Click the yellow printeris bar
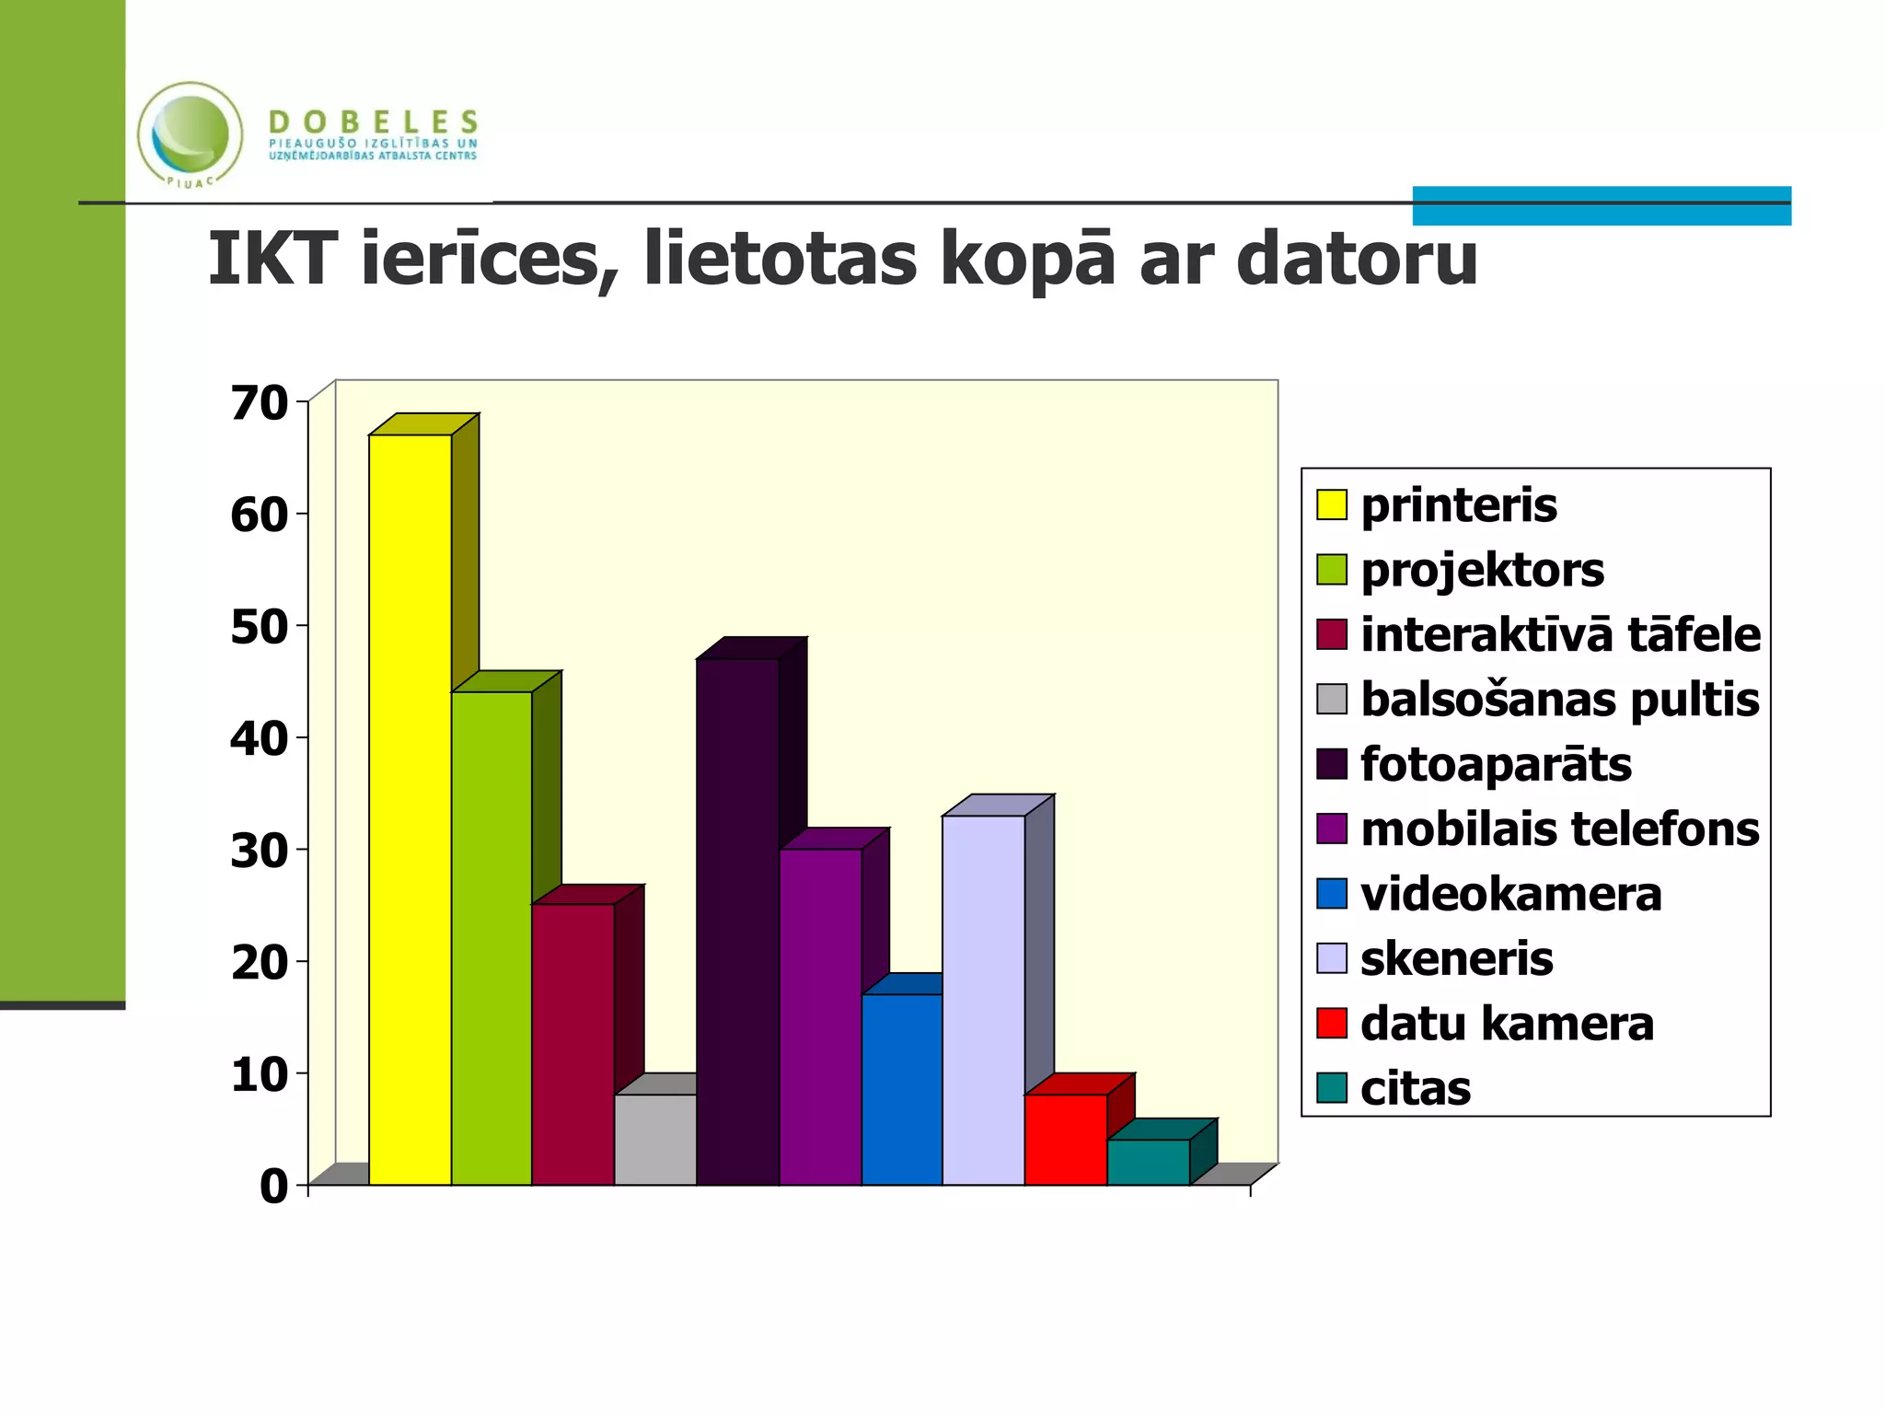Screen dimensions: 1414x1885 [x=410, y=810]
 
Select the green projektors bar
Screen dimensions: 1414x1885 [x=491, y=939]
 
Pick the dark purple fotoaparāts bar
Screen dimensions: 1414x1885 [x=737, y=921]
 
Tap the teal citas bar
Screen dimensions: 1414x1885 [x=1148, y=1162]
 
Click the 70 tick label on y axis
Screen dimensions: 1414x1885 [x=259, y=403]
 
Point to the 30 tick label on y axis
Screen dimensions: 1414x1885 [x=259, y=851]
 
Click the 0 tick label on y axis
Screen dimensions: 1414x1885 [x=273, y=1187]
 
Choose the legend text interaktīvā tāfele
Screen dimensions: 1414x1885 [x=1560, y=635]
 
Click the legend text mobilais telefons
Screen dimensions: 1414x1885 [x=1559, y=829]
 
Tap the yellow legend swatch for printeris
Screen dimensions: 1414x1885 [x=1331, y=504]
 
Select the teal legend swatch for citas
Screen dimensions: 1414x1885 [x=1331, y=1088]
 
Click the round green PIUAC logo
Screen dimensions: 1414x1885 [x=191, y=134]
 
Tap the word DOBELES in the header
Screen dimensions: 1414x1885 [x=374, y=122]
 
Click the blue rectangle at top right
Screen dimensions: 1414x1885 [x=1602, y=205]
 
